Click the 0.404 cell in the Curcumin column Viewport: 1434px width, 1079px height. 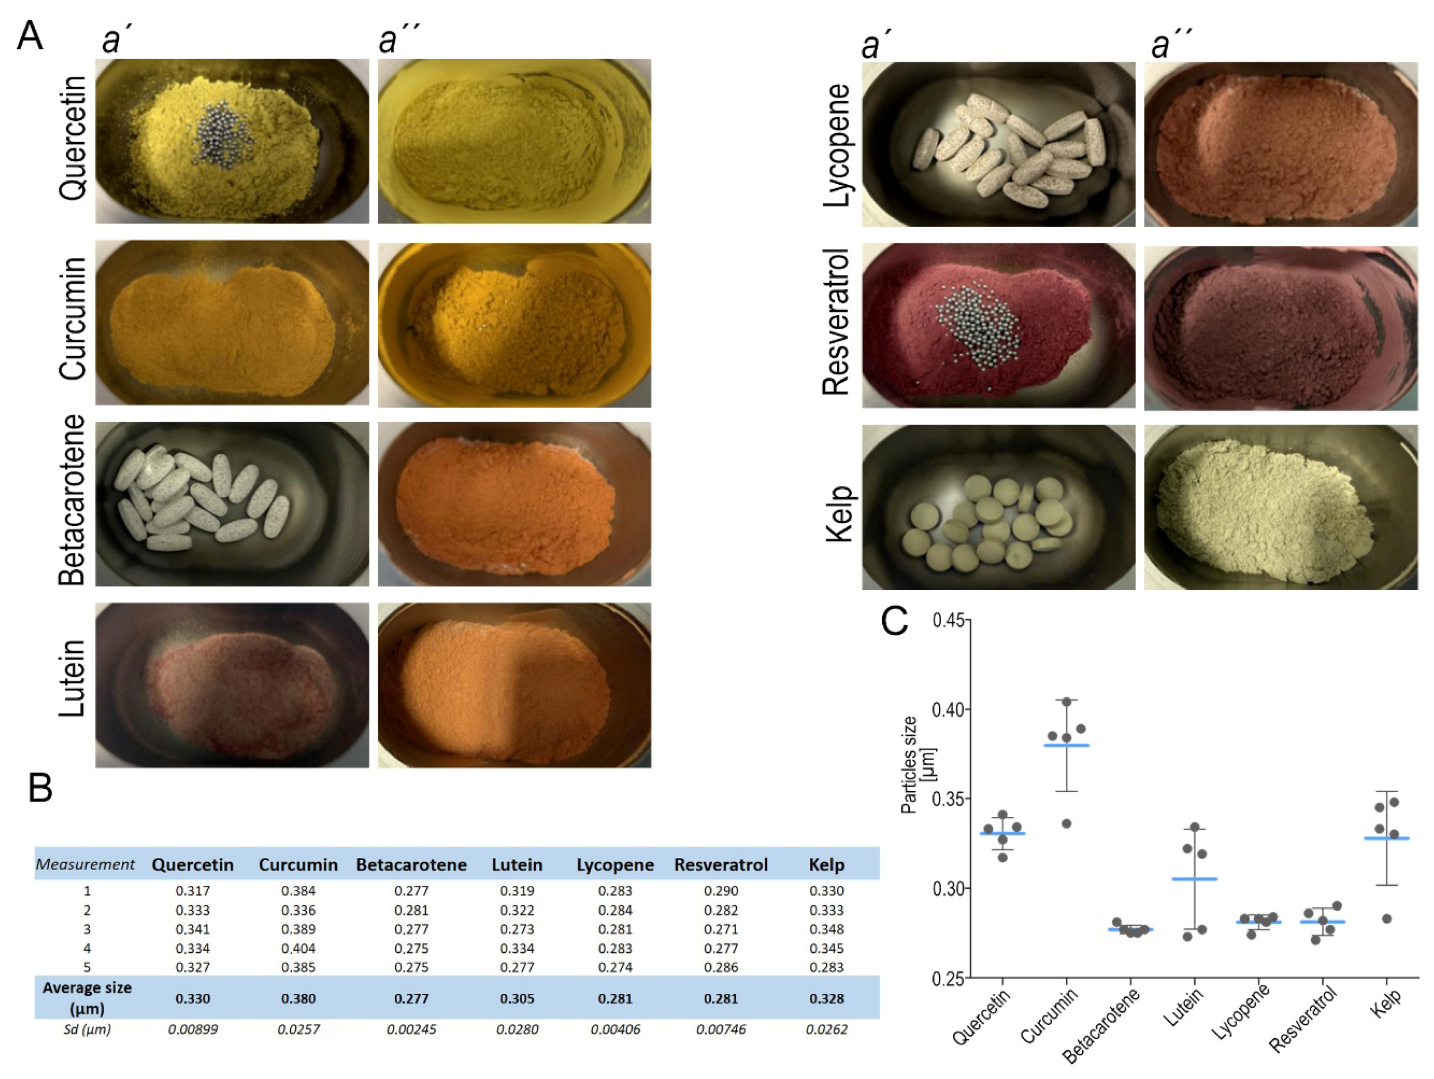tap(298, 948)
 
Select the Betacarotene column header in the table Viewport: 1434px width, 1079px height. tap(411, 865)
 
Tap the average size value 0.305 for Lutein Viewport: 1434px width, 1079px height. tap(516, 998)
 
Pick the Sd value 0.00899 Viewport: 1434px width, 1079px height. tap(193, 1029)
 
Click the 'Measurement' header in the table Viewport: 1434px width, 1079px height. tap(85, 865)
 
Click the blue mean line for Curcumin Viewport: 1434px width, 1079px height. tap(1066, 745)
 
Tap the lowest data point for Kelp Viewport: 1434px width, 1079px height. tap(1387, 919)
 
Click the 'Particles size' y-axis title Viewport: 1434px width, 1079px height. tap(910, 765)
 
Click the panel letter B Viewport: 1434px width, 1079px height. tap(40, 789)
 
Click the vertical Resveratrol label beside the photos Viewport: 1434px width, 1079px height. tap(836, 322)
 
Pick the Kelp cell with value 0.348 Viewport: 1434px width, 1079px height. tap(826, 929)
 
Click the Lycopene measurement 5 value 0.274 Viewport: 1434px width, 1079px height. tap(615, 967)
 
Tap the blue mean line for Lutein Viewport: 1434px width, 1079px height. tap(1194, 879)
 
